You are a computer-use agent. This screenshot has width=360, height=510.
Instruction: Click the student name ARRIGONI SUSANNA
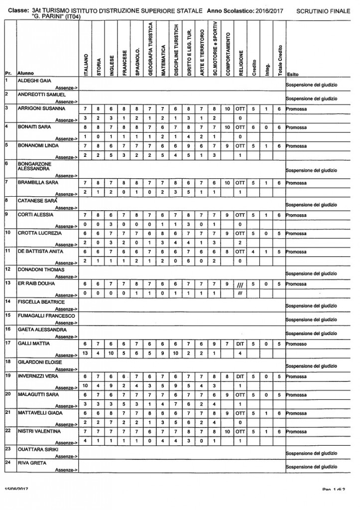41,108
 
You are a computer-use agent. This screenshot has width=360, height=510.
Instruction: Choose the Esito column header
293,73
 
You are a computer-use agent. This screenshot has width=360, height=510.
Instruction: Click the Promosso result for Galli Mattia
296,343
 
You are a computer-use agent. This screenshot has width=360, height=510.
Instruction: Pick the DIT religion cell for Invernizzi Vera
240,377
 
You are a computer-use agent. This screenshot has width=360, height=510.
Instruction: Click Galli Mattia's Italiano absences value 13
85,353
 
